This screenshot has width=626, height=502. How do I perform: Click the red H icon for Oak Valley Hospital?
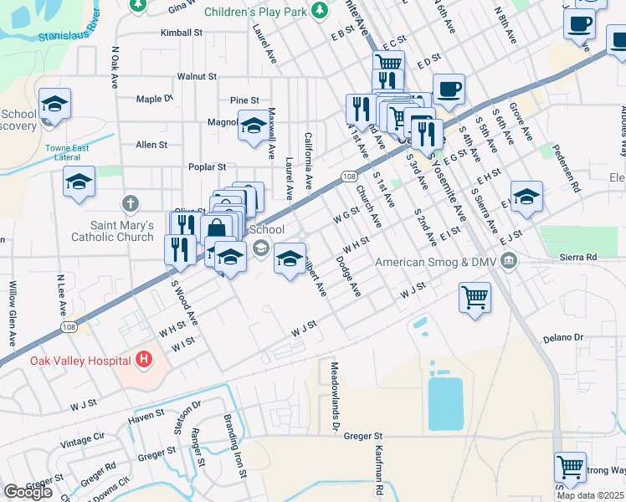click(x=144, y=360)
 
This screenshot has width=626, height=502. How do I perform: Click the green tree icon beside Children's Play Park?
click(x=319, y=10)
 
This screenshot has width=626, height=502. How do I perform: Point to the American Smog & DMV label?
click(x=436, y=263)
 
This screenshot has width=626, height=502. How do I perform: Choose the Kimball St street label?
click(x=182, y=33)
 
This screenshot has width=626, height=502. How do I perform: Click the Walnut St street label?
click(x=197, y=76)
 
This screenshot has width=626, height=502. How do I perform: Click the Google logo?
click(x=28, y=492)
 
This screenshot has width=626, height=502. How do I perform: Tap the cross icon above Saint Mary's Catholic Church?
click(x=130, y=202)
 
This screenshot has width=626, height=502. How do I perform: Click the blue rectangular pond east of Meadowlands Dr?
click(x=444, y=403)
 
